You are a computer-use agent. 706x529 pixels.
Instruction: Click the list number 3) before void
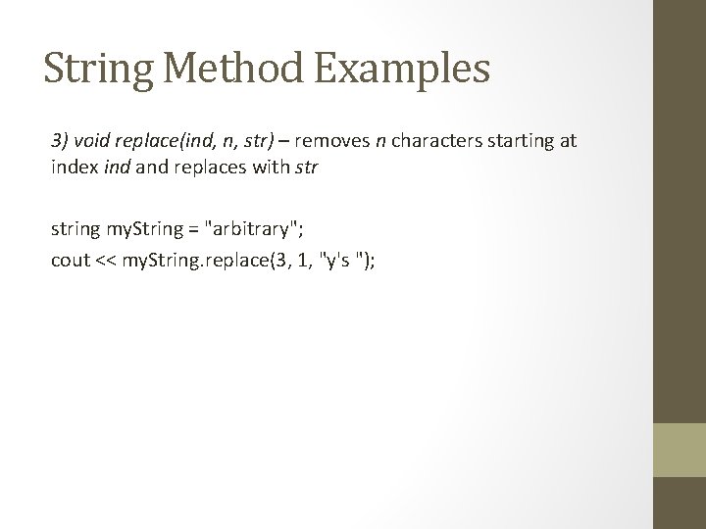pos(61,140)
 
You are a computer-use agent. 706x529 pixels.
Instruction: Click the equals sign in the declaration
pos(176,231)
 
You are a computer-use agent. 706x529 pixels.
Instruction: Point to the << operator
pos(105,261)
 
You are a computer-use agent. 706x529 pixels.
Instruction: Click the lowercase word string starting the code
pos(75,231)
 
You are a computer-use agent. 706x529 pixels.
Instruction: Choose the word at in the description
pos(568,140)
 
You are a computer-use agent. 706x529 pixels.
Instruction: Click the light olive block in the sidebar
pos(681,450)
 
